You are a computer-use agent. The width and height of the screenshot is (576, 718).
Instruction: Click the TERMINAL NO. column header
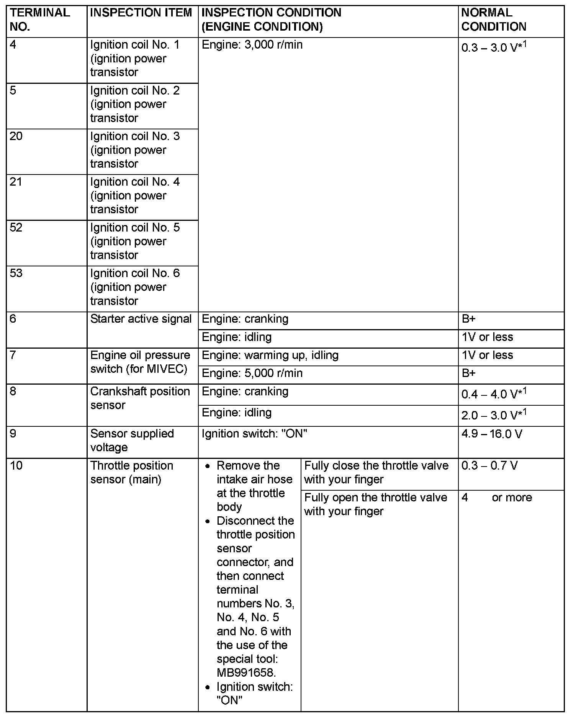click(x=40, y=20)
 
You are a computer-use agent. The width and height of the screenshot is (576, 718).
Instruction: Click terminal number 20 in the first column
click(x=16, y=136)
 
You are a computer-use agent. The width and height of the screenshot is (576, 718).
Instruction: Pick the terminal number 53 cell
click(x=16, y=273)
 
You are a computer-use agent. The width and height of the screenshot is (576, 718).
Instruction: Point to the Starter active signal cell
click(x=141, y=319)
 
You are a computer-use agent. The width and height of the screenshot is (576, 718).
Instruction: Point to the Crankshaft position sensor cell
click(x=140, y=398)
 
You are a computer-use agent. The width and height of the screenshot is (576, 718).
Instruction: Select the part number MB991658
click(x=246, y=672)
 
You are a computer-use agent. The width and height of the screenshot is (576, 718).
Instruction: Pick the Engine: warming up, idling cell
click(x=270, y=355)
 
